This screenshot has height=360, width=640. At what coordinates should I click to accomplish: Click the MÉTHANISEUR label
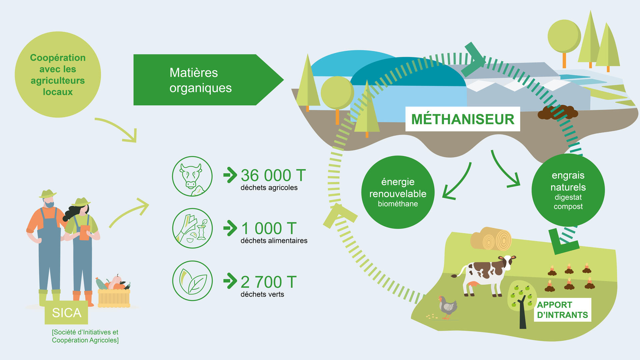pos(463,119)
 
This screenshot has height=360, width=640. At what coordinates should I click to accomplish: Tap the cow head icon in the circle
pos(192,176)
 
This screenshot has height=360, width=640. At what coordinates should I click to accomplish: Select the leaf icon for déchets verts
pos(192,281)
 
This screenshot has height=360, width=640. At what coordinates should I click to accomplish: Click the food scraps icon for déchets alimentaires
pos(192,228)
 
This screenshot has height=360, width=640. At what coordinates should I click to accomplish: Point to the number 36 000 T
pos(273,175)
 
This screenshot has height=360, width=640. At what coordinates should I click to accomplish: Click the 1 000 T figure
pos(269,228)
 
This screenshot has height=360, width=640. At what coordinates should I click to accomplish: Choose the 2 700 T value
pos(269,282)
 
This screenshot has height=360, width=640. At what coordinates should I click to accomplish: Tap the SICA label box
pos(66,313)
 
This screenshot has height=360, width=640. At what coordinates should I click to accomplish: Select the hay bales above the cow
pos(491,239)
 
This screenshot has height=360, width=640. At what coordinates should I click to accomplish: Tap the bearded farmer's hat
pos(48,194)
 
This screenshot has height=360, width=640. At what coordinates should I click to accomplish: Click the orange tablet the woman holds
pos(85,232)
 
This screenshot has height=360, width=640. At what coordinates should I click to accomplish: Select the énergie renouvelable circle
pos(398,192)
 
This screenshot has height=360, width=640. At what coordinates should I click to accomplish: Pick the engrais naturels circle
pos(568,190)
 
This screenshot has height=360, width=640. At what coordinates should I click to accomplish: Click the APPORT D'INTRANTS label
pos(562,310)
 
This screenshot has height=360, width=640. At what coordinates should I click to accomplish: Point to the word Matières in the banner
pos(194,73)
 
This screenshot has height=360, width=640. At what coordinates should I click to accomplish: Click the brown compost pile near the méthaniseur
pos(558,112)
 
